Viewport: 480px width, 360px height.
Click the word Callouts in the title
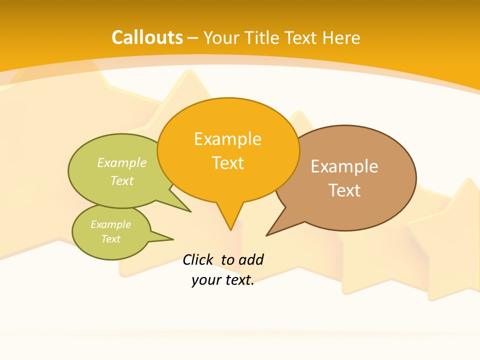(x=147, y=37)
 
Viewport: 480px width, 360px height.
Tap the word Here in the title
(x=341, y=37)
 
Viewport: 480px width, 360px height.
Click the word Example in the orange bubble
(x=227, y=139)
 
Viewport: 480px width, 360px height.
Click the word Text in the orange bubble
(x=228, y=163)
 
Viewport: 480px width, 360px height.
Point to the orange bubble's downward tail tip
(x=230, y=229)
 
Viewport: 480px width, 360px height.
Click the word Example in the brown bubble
(x=344, y=166)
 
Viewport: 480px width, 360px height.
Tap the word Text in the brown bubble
(x=344, y=190)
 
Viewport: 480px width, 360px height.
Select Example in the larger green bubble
(x=122, y=163)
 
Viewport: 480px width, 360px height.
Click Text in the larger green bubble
(x=122, y=180)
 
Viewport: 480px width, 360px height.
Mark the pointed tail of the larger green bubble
(x=190, y=211)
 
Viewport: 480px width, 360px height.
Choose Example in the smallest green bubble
(x=110, y=224)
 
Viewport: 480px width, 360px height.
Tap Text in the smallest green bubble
(x=110, y=239)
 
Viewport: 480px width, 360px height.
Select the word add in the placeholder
(x=250, y=259)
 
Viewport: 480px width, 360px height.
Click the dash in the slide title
(x=193, y=38)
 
